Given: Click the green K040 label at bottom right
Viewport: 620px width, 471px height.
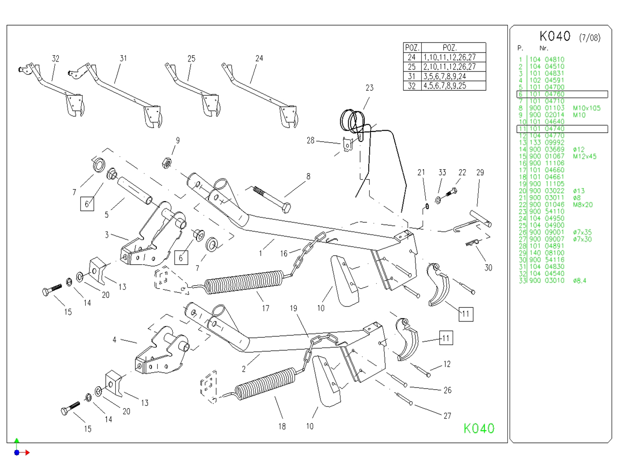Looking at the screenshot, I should pyautogui.click(x=479, y=428).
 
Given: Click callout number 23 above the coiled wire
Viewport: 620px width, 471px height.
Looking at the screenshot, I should pyautogui.click(x=370, y=88).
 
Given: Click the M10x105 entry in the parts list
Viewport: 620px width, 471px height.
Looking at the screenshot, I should pyautogui.click(x=586, y=108).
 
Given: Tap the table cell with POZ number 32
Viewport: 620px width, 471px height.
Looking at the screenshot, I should pyautogui.click(x=411, y=86).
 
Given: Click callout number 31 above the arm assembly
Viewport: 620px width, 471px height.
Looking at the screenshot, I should pyautogui.click(x=123, y=58).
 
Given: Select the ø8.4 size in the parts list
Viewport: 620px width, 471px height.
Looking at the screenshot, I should pyautogui.click(x=579, y=280).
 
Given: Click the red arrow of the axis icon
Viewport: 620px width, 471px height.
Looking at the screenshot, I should pyautogui.click(x=26, y=452).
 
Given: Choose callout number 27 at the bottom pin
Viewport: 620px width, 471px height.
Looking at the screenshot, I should pyautogui.click(x=447, y=415).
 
